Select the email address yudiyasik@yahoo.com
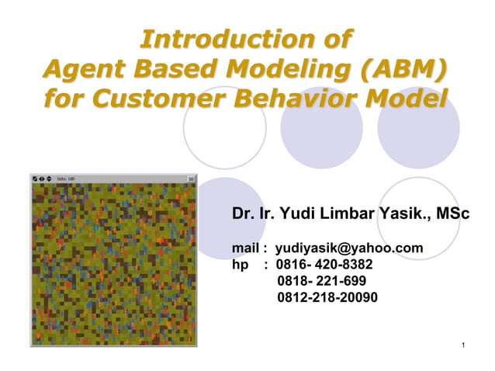pyautogui.click(x=349, y=248)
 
